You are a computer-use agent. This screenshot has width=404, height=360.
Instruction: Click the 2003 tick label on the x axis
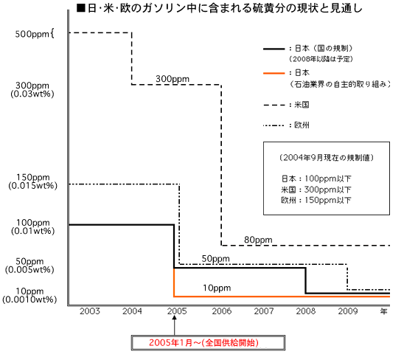pos(90,311)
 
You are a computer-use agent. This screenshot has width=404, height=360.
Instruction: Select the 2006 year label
pos(222,311)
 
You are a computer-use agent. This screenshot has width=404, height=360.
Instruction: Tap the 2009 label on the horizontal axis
pos(348,311)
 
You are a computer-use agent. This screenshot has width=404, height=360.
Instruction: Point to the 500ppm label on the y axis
pos(32,34)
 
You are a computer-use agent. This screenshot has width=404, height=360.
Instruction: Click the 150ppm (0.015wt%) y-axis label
pos(32,181)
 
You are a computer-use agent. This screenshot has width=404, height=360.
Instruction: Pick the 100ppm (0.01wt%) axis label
pos(32,226)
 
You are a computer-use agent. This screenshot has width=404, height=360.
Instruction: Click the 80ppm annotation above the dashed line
pos(258,240)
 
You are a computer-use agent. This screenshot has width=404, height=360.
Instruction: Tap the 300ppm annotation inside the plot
pos(173,79)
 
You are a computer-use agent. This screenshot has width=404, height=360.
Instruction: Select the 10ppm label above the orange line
pos(217,288)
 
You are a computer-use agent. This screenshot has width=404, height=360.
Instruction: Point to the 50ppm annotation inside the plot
pos(215,258)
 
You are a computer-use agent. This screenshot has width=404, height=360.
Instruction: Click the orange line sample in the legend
pos(274,74)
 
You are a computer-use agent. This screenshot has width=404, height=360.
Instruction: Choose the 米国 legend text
pos(302,105)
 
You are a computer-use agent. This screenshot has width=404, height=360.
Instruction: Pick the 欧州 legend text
pos(302,125)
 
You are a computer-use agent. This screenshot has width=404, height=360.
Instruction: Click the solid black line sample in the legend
pos(274,49)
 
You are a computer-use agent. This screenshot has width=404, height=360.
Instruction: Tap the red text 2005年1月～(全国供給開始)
pos(203,343)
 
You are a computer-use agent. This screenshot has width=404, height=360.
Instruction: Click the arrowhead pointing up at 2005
pos(175,318)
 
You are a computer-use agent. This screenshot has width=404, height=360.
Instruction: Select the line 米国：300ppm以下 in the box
pos(316,190)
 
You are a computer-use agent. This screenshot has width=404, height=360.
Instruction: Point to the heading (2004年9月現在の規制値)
pos(327,158)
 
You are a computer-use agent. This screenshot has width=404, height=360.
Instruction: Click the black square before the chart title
pos(80,8)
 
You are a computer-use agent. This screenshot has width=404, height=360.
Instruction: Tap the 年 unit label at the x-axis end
pos(383,311)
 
